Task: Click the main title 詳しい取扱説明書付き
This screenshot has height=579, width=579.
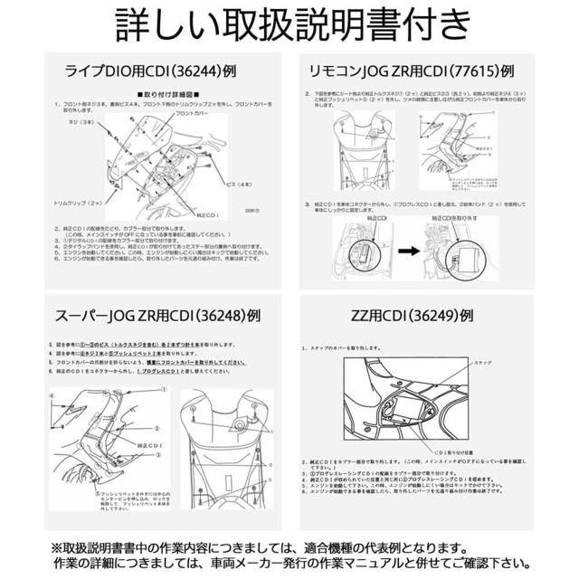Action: pos(289,28)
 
